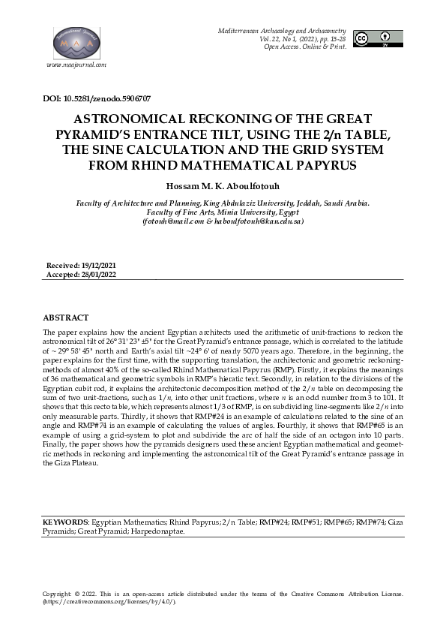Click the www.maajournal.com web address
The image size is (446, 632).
pyautogui.click(x=76, y=65)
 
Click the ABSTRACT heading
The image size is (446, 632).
pyautogui.click(x=66, y=318)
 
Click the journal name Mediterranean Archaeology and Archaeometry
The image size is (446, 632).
pyautogui.click(x=287, y=28)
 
